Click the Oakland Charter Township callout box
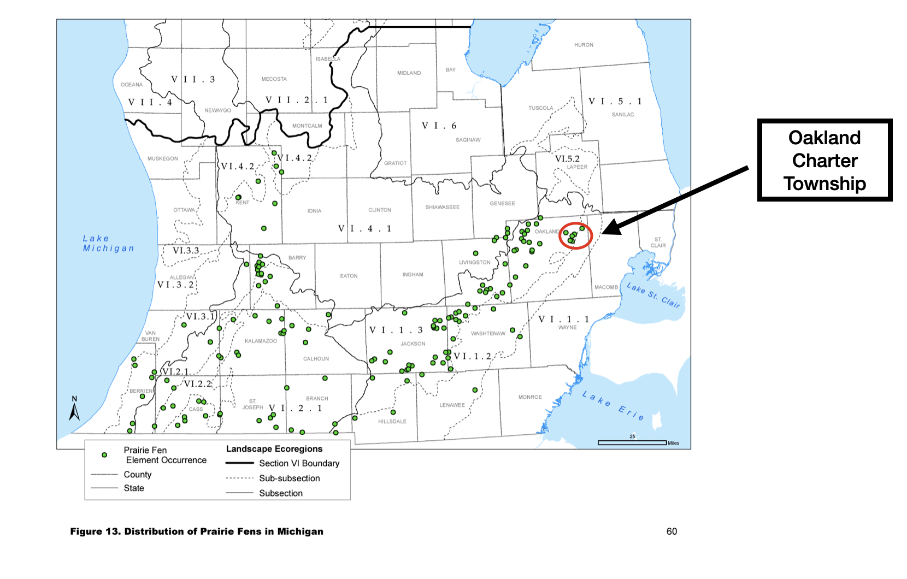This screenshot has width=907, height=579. [x=824, y=160]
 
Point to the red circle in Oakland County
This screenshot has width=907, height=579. [x=575, y=235]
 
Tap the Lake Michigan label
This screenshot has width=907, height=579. [x=108, y=243]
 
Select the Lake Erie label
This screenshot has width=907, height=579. [x=612, y=405]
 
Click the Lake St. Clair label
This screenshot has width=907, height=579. [x=653, y=296]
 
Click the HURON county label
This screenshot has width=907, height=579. [x=584, y=45]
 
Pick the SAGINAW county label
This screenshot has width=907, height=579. [x=468, y=140]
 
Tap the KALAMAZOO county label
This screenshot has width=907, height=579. [x=261, y=341]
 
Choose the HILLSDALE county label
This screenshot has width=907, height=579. [x=392, y=421]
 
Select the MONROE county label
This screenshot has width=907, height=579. [x=530, y=397]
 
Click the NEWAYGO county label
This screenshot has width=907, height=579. [x=217, y=110]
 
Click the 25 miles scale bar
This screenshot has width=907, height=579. [x=632, y=442]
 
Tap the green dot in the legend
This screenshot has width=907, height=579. [x=104, y=454]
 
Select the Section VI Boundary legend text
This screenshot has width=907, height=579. [x=299, y=463]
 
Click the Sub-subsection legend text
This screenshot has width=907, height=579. [x=290, y=478]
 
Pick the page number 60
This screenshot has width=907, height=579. [x=672, y=531]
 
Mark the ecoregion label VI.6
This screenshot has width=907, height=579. [x=439, y=126]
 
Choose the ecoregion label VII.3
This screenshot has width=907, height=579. [x=193, y=79]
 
